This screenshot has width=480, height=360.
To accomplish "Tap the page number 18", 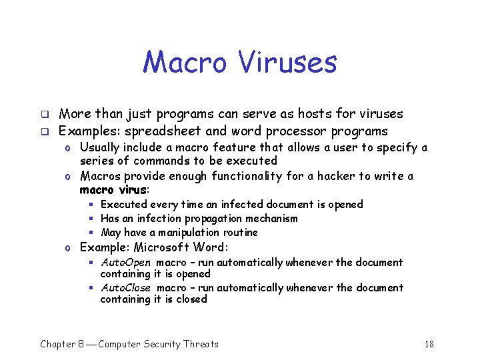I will pyautogui.click(x=429, y=344).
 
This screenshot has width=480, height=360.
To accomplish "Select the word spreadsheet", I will pyautogui.click(x=158, y=131).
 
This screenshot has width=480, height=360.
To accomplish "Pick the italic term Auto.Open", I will pyautogui.click(x=125, y=263).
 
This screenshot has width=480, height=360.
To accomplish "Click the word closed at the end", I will pyautogui.click(x=192, y=299).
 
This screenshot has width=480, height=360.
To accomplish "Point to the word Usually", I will pyautogui.click(x=102, y=147).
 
